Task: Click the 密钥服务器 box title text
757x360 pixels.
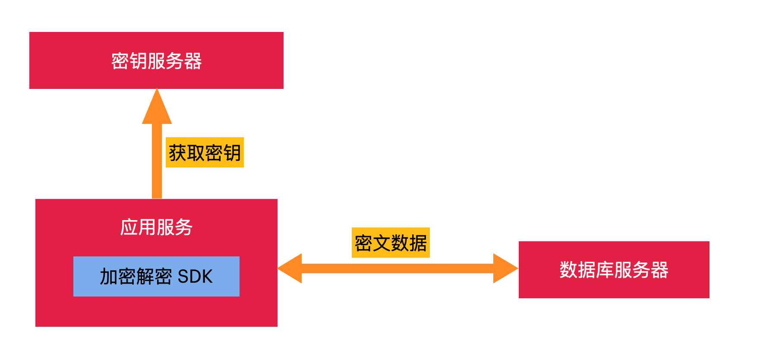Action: click(x=156, y=61)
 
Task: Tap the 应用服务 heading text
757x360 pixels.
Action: click(x=156, y=227)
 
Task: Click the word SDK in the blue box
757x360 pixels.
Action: click(x=195, y=277)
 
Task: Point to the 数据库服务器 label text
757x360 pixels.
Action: click(x=614, y=270)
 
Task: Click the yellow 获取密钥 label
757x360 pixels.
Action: click(x=205, y=152)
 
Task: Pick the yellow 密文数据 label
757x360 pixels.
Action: click(x=391, y=243)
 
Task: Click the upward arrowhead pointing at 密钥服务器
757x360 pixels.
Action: click(x=157, y=108)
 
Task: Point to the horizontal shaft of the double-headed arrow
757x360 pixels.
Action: click(x=397, y=268)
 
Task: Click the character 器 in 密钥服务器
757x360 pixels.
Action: click(x=192, y=61)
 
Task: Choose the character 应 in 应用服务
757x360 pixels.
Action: click(x=129, y=227)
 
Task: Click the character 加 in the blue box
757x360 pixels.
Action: click(x=109, y=277)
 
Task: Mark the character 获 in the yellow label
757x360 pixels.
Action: click(x=177, y=153)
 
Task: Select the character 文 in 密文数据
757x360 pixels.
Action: click(x=382, y=243)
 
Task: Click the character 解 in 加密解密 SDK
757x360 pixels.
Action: click(x=145, y=277)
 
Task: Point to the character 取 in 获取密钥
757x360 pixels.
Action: click(x=196, y=153)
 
